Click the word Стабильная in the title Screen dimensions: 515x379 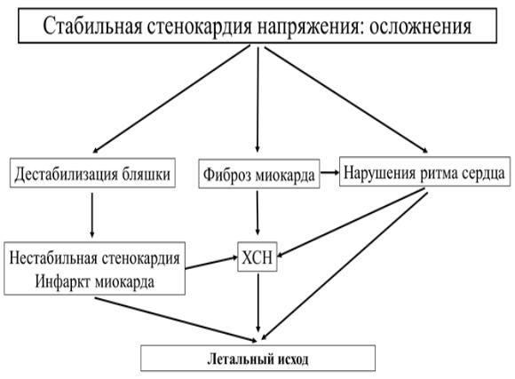pos(92,26)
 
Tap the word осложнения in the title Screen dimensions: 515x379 pos(421,27)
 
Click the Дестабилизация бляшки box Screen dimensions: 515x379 pos(92,173)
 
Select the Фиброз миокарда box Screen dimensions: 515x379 pos(259,174)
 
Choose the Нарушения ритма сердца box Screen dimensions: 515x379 pos(424,172)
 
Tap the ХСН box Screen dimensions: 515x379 pos(257,257)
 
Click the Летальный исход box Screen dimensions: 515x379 pos(257,359)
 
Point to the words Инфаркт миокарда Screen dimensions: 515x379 pos(95,281)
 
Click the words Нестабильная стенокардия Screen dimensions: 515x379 pos(95,257)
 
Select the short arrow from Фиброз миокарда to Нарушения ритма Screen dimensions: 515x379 pos(329,172)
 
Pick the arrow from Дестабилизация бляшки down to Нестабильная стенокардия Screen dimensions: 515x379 pos(92,215)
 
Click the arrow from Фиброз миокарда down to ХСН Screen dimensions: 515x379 pos(257,213)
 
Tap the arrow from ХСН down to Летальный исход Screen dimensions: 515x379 pos(257,304)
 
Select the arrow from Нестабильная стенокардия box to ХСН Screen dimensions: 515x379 pos(211,263)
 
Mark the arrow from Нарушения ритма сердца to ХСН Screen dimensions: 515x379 pos(351,223)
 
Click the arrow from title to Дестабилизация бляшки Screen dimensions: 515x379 pos(171,99)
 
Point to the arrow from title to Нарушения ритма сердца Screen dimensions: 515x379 pos(346,99)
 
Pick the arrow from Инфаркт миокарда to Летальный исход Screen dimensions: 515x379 pos(176,320)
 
